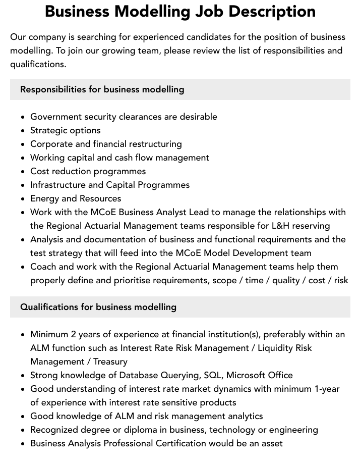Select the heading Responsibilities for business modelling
click(102, 89)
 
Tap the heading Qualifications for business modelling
click(98, 307)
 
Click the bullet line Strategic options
click(66, 130)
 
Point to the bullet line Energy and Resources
click(76, 198)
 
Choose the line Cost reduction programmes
click(88, 171)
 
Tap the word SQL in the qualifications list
click(212, 375)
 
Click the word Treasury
click(110, 361)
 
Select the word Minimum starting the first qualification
click(50, 334)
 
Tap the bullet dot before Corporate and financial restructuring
click(23, 144)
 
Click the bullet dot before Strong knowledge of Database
click(23, 376)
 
